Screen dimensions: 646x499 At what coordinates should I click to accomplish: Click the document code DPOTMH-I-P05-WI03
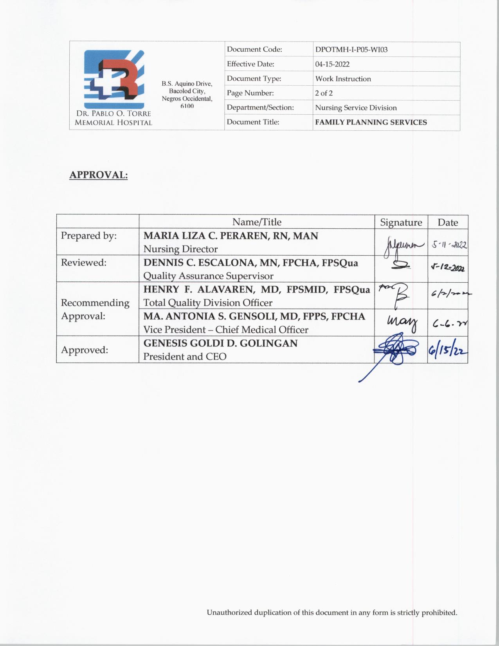(351, 50)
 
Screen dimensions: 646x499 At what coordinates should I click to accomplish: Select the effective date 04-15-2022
(332, 64)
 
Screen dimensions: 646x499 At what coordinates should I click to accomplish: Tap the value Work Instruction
(343, 79)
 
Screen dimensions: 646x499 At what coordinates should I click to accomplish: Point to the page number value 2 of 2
(324, 93)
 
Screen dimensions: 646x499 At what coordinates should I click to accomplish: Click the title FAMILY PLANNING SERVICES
(371, 122)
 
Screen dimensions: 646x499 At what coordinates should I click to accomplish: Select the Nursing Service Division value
(356, 108)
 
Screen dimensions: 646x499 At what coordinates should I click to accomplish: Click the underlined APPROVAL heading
(98, 175)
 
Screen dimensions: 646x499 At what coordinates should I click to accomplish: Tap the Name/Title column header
(256, 222)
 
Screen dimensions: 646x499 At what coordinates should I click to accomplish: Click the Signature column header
(401, 222)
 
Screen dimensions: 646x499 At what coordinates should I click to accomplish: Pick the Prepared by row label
(88, 236)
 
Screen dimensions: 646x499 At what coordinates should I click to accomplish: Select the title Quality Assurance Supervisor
(208, 276)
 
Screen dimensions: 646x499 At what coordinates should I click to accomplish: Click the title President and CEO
(185, 357)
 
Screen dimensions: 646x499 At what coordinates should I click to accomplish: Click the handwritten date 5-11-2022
(449, 245)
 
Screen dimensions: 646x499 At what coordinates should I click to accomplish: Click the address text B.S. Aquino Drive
(187, 84)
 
